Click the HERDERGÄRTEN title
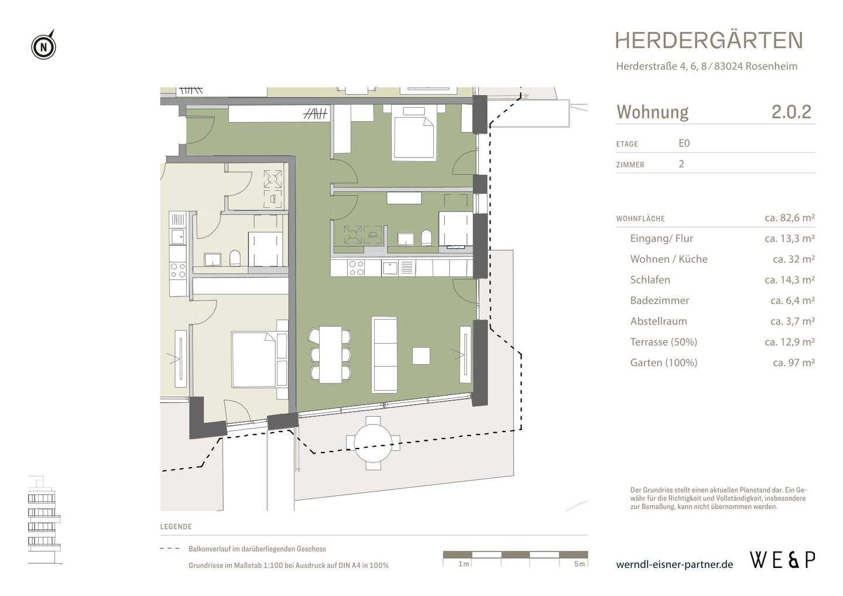(x=708, y=40)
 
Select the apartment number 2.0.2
(x=791, y=111)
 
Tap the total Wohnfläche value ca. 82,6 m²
(x=789, y=218)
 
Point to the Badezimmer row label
(x=659, y=300)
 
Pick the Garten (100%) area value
(x=793, y=362)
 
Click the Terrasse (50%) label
(x=663, y=342)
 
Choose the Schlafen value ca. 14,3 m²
(x=789, y=280)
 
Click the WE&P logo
(x=782, y=560)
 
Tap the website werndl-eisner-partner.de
(x=674, y=564)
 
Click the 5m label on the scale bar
(x=579, y=564)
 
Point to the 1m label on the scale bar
(x=463, y=564)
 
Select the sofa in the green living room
(x=384, y=355)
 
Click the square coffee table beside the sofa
(x=421, y=355)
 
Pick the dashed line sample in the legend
(x=170, y=549)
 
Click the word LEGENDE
(x=176, y=527)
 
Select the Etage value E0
(x=684, y=143)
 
